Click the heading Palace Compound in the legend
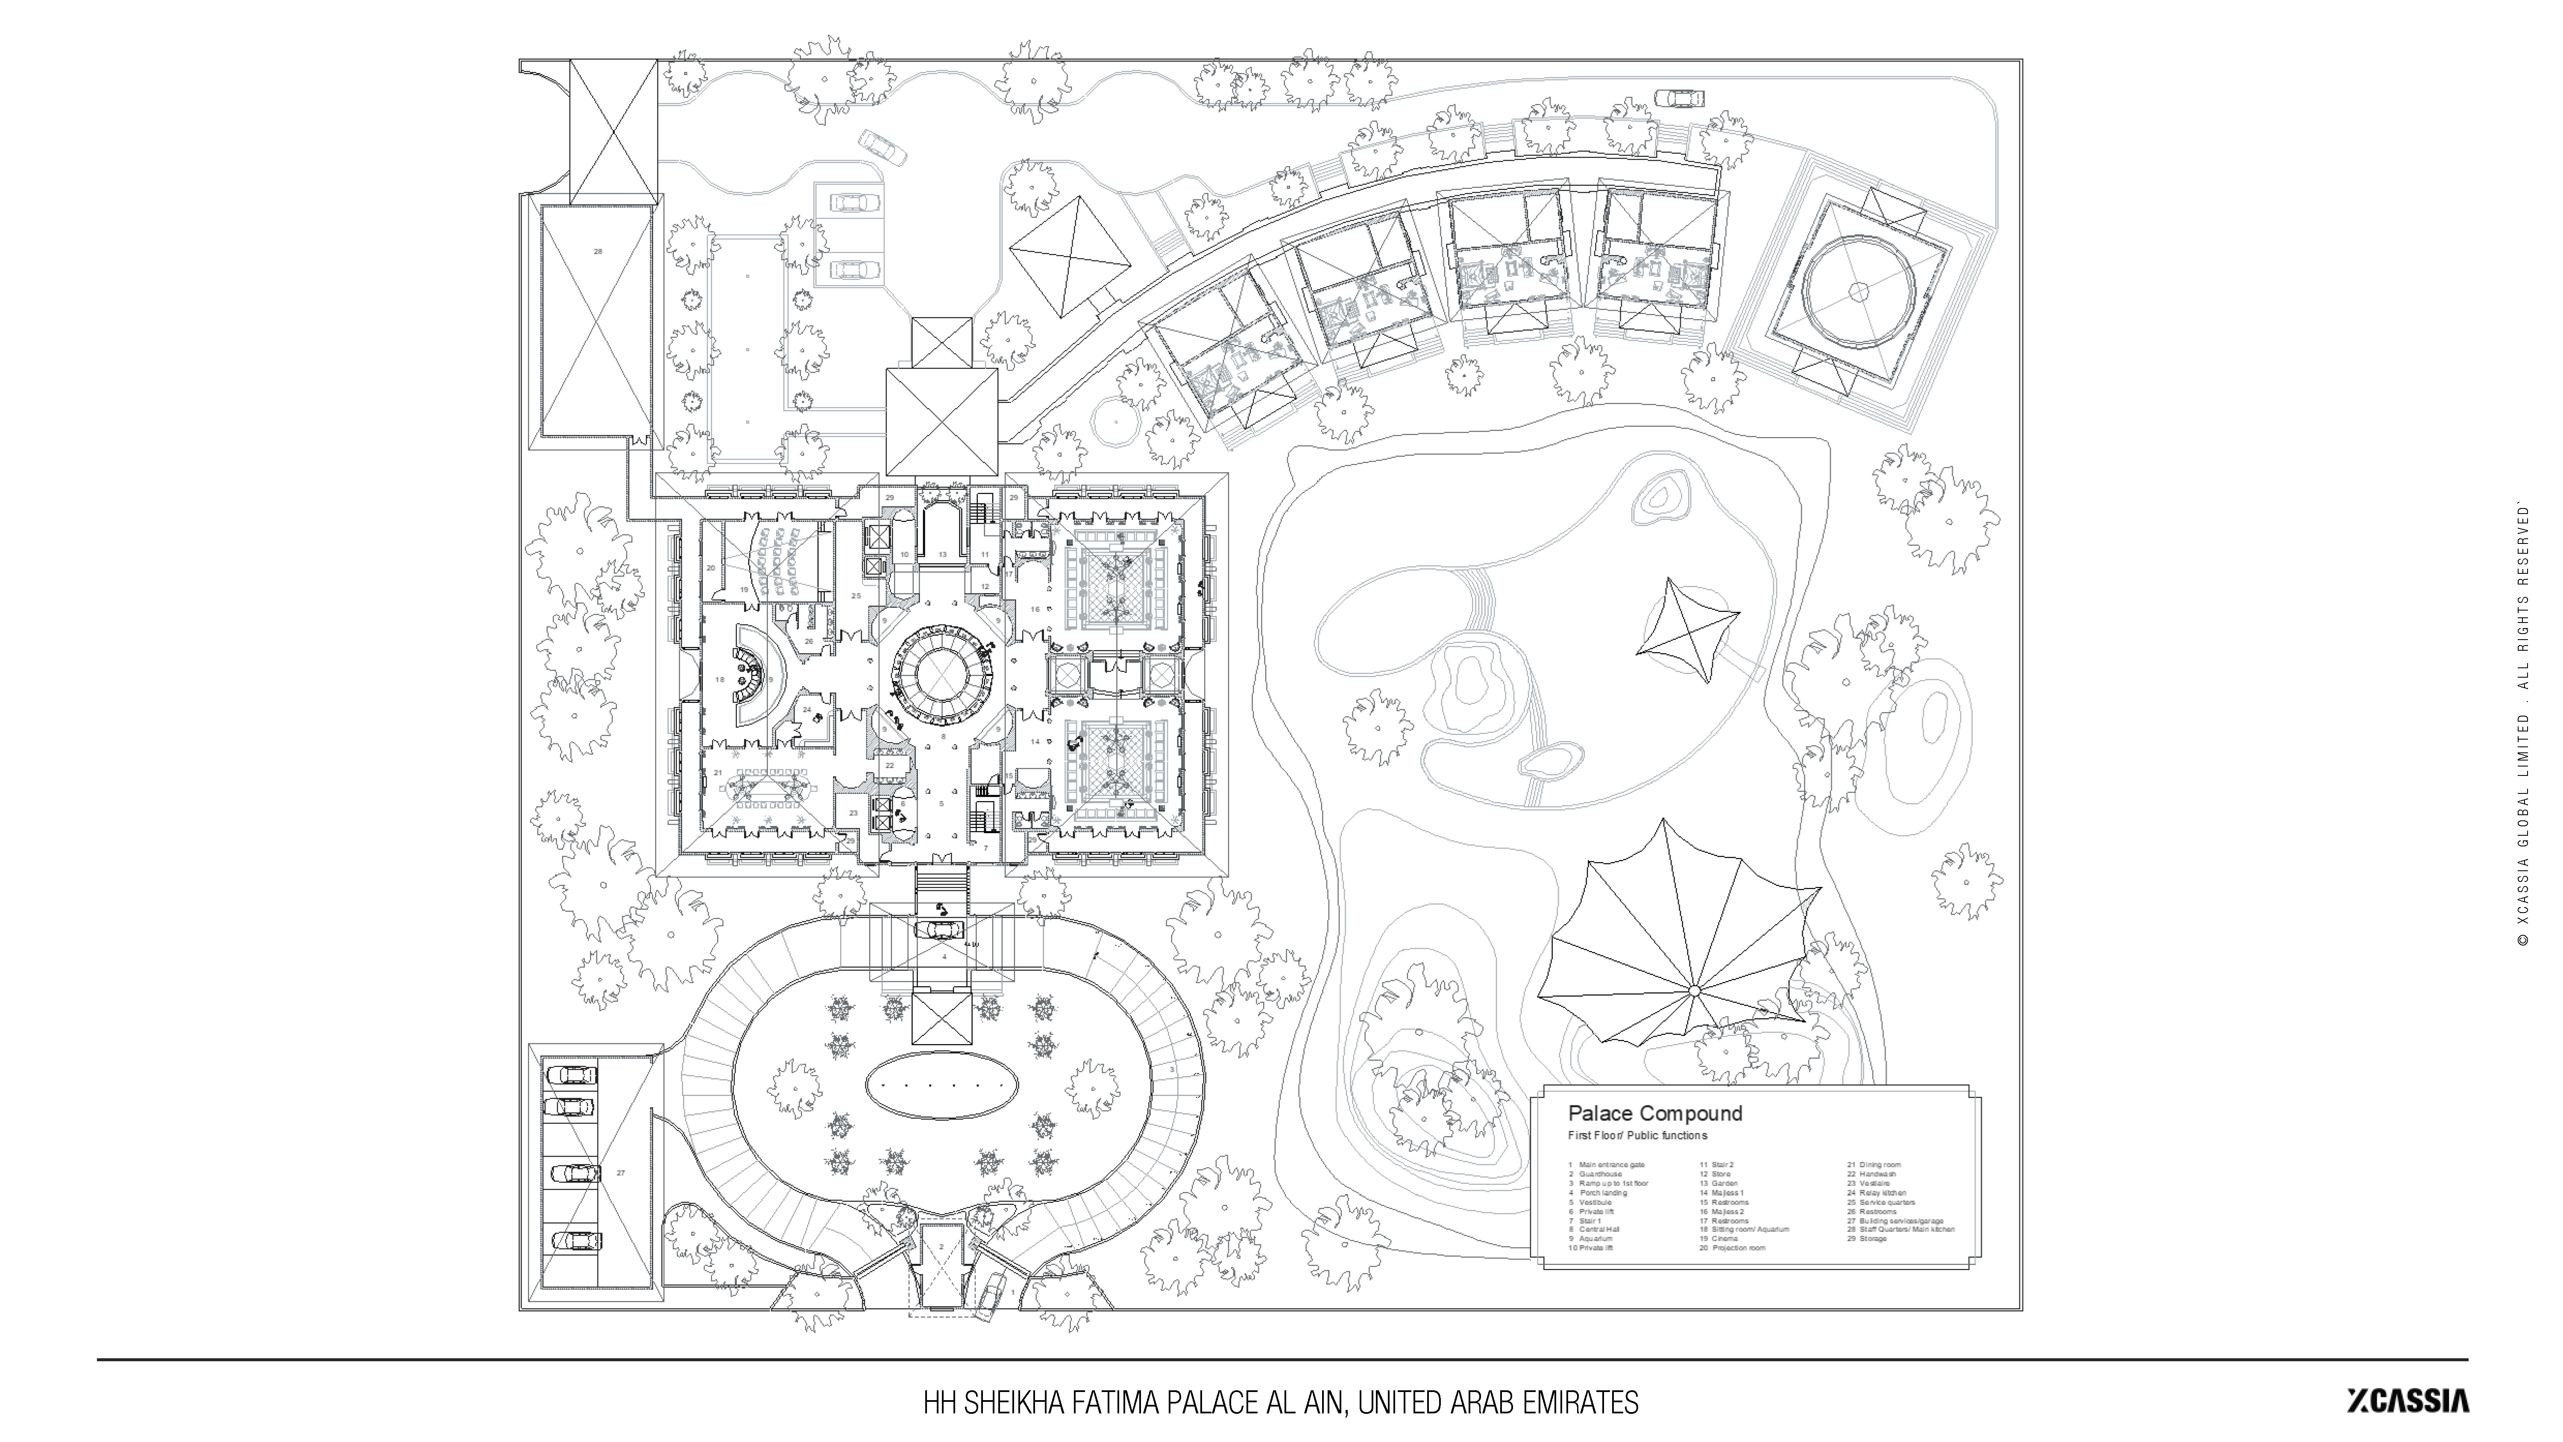[x=1654, y=1113]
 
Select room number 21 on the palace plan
[x=717, y=772]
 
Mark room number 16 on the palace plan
[x=1035, y=609]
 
